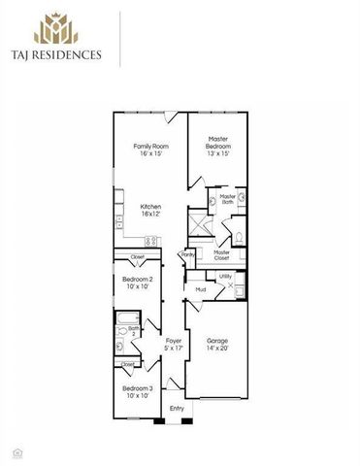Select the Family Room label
tap(150, 150)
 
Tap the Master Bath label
tap(227, 199)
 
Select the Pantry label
tap(188, 255)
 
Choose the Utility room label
tap(224, 277)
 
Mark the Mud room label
tap(200, 289)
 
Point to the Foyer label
tap(174, 344)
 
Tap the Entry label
tap(177, 409)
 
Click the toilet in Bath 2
tap(119, 344)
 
